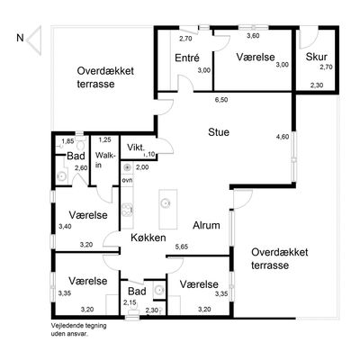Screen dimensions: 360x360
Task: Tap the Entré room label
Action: pyautogui.click(x=187, y=58)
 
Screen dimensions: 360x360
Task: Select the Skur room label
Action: pyautogui.click(x=316, y=57)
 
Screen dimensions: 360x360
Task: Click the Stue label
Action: pyautogui.click(x=219, y=132)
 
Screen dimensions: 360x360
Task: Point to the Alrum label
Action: pyautogui.click(x=206, y=225)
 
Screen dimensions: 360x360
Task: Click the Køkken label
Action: pyautogui.click(x=148, y=238)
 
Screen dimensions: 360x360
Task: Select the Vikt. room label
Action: pyautogui.click(x=136, y=148)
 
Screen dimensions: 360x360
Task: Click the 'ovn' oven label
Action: pyautogui.click(x=127, y=180)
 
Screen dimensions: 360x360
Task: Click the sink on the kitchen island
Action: pyautogui.click(x=166, y=203)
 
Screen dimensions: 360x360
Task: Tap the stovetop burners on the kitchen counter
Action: pyautogui.click(x=127, y=209)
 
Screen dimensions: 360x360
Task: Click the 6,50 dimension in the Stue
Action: pyautogui.click(x=221, y=100)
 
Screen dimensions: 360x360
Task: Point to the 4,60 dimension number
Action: pyautogui.click(x=283, y=137)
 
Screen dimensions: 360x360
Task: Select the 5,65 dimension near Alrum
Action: pyautogui.click(x=182, y=247)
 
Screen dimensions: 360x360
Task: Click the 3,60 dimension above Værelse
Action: pyautogui.click(x=253, y=36)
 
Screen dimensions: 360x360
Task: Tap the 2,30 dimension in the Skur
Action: pyautogui.click(x=317, y=85)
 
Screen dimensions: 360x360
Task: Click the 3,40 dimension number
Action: pyautogui.click(x=65, y=227)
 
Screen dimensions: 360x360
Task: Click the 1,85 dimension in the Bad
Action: pyautogui.click(x=67, y=140)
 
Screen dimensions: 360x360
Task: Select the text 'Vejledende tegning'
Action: pyautogui.click(x=79, y=326)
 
